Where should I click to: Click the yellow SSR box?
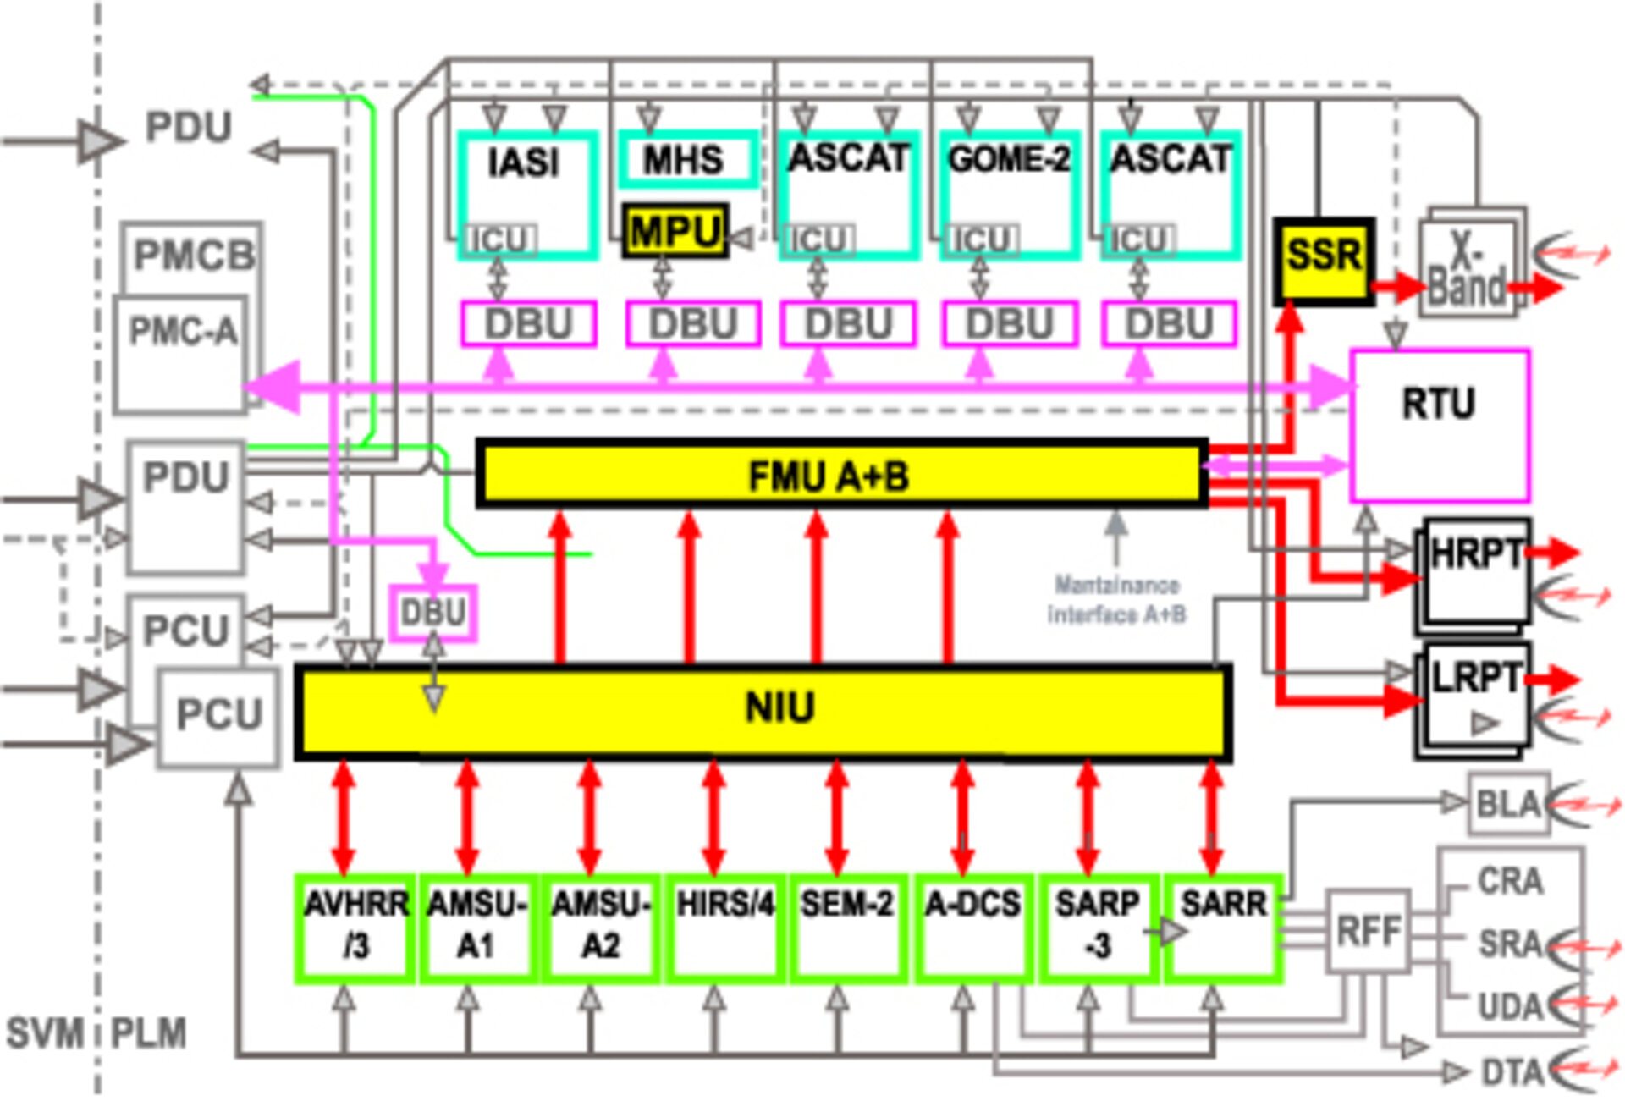coord(1323,260)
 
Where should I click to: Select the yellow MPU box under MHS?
coord(675,231)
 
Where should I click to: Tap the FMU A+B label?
coord(829,476)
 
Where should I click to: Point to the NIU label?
coord(779,707)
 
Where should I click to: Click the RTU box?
coord(1440,423)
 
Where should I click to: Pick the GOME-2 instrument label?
coord(1009,159)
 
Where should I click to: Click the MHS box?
coord(686,159)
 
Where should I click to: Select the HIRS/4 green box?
coord(724,928)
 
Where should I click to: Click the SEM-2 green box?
coord(847,928)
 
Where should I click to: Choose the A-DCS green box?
coord(972,928)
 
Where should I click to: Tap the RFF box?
coord(1368,931)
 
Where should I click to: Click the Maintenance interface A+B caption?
coord(1116,599)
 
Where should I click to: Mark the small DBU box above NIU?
coord(432,612)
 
